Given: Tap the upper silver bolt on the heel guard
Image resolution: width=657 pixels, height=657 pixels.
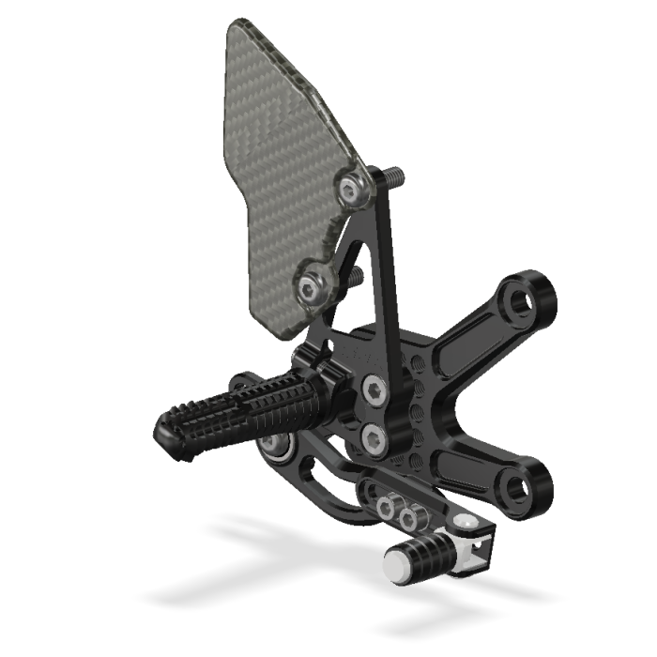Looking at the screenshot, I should pyautogui.click(x=354, y=191).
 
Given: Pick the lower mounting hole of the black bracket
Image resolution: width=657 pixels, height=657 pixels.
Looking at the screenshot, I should pyautogui.click(x=520, y=488).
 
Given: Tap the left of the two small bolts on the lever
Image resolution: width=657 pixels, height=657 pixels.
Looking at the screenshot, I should pyautogui.click(x=385, y=508).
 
